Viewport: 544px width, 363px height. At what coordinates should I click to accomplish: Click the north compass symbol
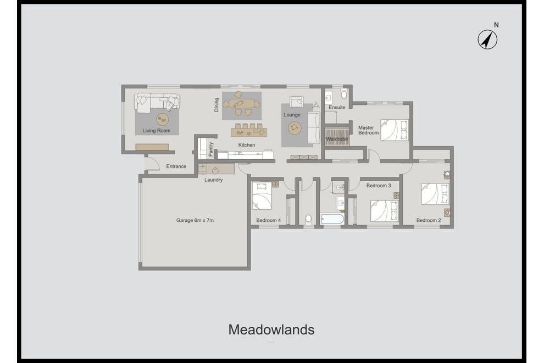pyautogui.click(x=487, y=40)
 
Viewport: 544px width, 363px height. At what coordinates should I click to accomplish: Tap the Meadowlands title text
pyautogui.click(x=271, y=330)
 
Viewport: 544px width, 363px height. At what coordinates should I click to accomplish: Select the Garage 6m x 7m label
pyautogui.click(x=195, y=220)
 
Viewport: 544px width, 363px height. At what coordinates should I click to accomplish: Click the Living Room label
pyautogui.click(x=157, y=131)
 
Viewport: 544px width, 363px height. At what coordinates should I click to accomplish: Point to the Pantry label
pyautogui.click(x=211, y=149)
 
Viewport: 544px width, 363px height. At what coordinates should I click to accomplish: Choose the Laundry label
pyautogui.click(x=213, y=180)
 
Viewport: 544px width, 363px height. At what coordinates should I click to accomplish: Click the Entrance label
pyautogui.click(x=176, y=166)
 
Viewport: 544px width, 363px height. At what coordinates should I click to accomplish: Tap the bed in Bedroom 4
pyautogui.click(x=262, y=196)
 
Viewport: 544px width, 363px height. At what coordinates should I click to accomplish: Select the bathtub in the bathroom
pyautogui.click(x=332, y=219)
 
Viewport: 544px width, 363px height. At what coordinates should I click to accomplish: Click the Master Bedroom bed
pyautogui.click(x=395, y=130)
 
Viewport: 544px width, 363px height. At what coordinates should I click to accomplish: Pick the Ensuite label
pyautogui.click(x=337, y=108)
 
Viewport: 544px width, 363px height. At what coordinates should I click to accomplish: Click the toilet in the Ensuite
pyautogui.click(x=345, y=94)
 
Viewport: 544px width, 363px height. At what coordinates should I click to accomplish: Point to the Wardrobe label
pyautogui.click(x=337, y=139)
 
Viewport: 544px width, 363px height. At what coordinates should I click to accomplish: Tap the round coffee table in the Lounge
pyautogui.click(x=295, y=127)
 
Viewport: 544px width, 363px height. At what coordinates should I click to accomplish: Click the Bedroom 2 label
pyautogui.click(x=428, y=220)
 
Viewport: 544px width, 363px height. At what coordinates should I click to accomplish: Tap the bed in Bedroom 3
pyautogui.click(x=384, y=210)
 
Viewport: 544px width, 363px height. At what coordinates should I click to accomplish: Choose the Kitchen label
pyautogui.click(x=247, y=145)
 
